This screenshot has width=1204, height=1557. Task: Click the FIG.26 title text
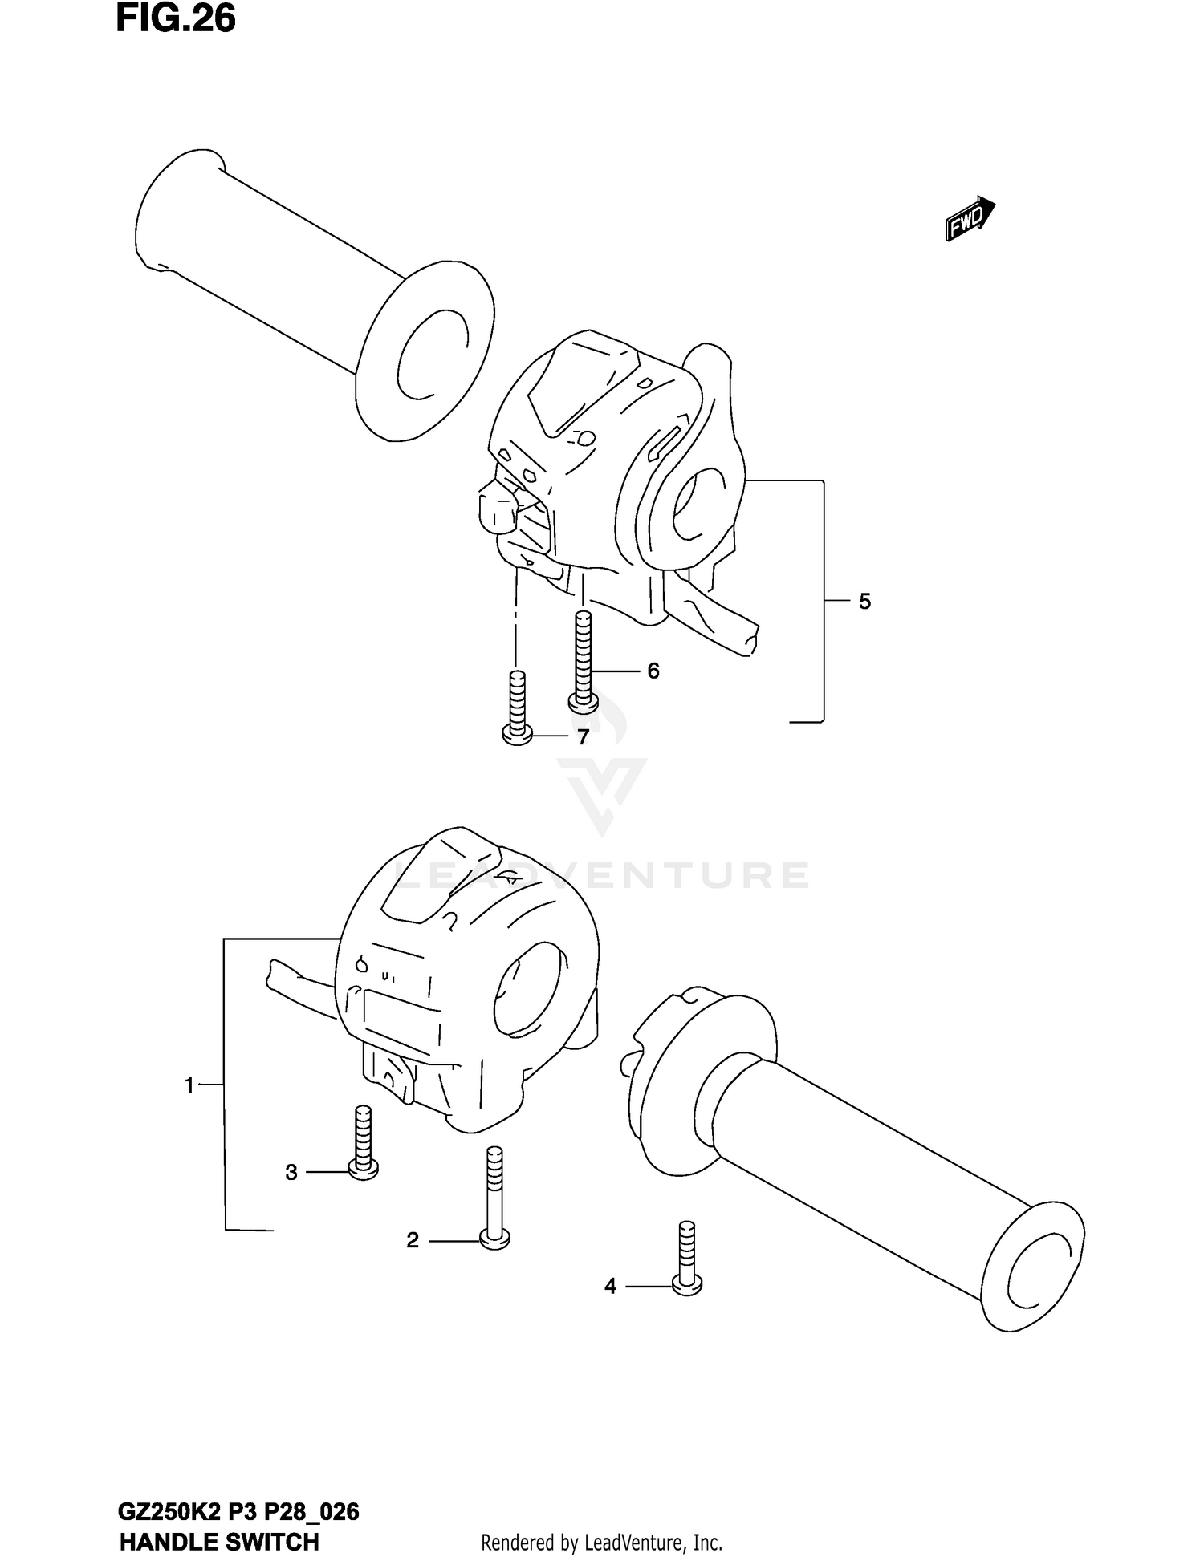pos(176,19)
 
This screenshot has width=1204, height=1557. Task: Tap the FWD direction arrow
pos(970,218)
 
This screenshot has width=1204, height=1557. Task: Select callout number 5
pos(864,601)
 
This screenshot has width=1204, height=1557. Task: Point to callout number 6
pos(653,670)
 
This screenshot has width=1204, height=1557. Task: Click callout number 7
pos(584,736)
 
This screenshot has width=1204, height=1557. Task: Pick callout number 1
pos(189,1085)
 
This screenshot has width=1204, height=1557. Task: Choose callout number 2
pos(413,1240)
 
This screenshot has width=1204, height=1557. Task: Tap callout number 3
pos(291,1172)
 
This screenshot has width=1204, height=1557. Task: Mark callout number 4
pos(610,1286)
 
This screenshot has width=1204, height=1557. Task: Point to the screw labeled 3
pos(363,1142)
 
